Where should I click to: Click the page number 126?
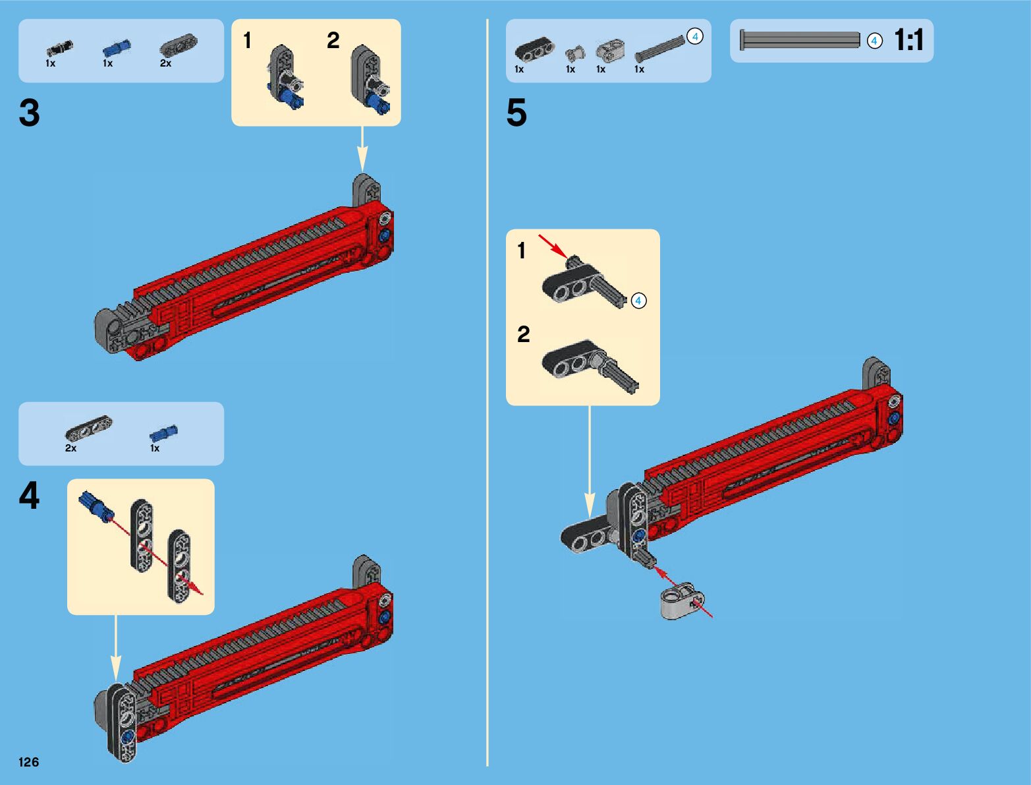[28, 762]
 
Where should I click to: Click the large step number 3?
[29, 113]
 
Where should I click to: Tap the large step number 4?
[29, 496]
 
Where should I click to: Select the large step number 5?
[516, 113]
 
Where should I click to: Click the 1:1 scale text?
[908, 40]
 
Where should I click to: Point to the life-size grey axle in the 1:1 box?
[800, 40]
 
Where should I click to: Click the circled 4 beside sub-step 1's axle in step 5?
[638, 301]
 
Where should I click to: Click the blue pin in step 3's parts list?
[117, 48]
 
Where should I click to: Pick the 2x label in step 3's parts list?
[165, 63]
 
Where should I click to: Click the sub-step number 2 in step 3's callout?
[333, 40]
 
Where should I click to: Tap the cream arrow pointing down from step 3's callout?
[362, 149]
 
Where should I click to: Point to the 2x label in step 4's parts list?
[70, 448]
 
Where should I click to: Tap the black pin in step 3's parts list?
[60, 48]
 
